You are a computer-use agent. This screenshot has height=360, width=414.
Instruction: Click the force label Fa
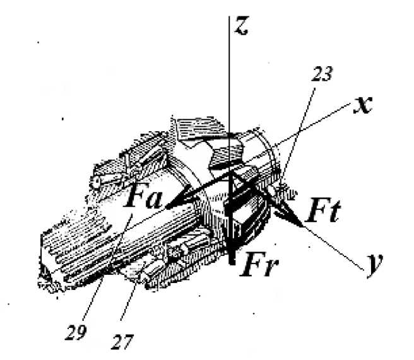[143, 199]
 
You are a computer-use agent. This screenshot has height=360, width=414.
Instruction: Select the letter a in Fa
[154, 201]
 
